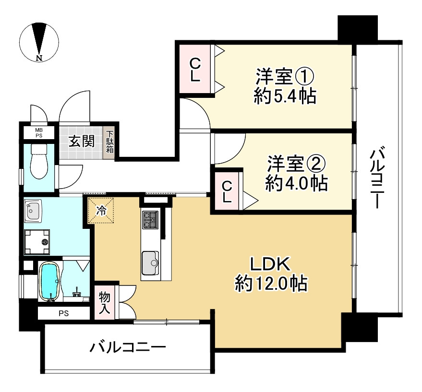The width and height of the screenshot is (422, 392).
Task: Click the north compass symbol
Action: pyautogui.click(x=39, y=42)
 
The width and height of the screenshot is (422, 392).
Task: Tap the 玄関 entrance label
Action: pyautogui.click(x=81, y=142)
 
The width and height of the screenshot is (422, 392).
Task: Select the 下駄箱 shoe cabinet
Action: pyautogui.click(x=110, y=142)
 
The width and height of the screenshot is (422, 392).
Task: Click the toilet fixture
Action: pyautogui.click(x=38, y=165)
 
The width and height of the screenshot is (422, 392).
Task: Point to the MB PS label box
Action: pyautogui.click(x=37, y=132)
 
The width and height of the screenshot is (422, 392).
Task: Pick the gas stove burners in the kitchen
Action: pyautogui.click(x=150, y=220)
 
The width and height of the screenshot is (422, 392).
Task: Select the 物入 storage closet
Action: pyautogui.click(x=105, y=302)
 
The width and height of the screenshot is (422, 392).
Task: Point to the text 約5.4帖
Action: pyautogui.click(x=284, y=96)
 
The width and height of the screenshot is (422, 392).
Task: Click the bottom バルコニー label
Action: pyautogui.click(x=128, y=347)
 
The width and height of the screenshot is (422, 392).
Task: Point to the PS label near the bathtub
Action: pyautogui.click(x=63, y=314)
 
